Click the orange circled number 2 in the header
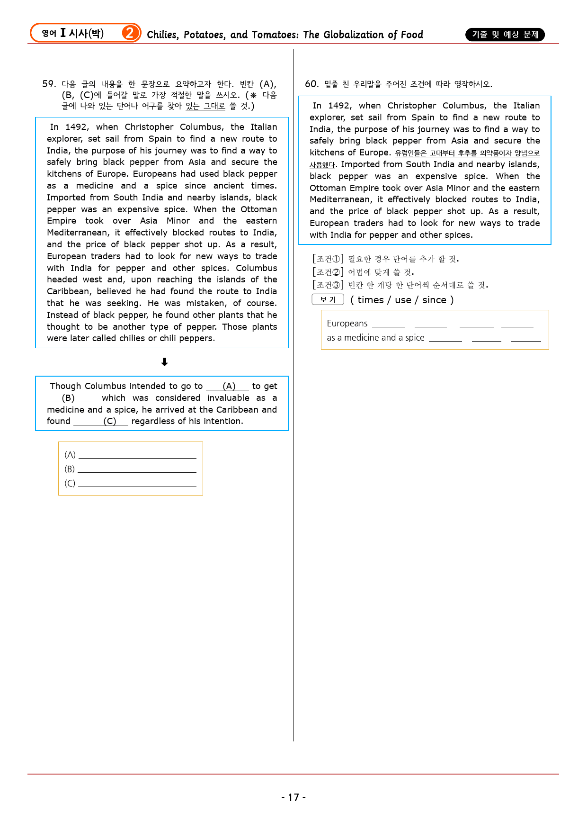[129, 33]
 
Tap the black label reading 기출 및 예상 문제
[505, 35]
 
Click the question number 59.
[49, 84]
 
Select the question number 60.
[311, 84]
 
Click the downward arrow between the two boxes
[164, 362]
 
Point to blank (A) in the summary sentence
[228, 387]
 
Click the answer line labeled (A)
[137, 456]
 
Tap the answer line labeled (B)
[137, 470]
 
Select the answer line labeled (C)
[137, 484]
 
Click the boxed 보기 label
[328, 300]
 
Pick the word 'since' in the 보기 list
[434, 300]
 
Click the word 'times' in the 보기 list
[371, 300]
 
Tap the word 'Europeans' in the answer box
[347, 324]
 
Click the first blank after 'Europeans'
[389, 325]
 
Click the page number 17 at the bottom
[293, 797]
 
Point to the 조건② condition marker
[328, 272]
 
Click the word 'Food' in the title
[412, 35]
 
